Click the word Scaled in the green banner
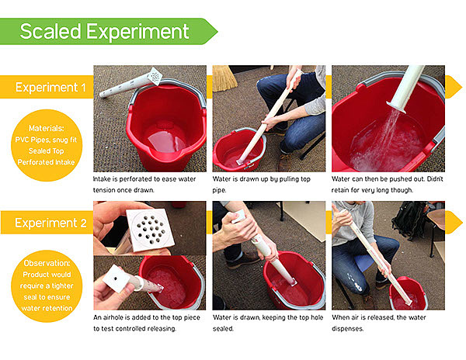click(50, 31)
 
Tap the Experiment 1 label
click(50, 88)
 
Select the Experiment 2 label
click(50, 223)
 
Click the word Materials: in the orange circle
click(47, 128)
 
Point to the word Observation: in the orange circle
click(47, 263)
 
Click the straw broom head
click(225, 78)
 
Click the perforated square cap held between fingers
click(151, 230)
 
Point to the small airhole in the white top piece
click(116, 279)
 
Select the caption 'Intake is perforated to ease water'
click(144, 179)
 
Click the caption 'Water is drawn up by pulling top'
click(262, 179)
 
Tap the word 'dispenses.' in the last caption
click(347, 329)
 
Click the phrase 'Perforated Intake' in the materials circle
click(46, 162)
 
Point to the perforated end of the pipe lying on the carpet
click(155, 76)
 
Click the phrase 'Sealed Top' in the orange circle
click(47, 151)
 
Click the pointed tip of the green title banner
click(217, 32)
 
